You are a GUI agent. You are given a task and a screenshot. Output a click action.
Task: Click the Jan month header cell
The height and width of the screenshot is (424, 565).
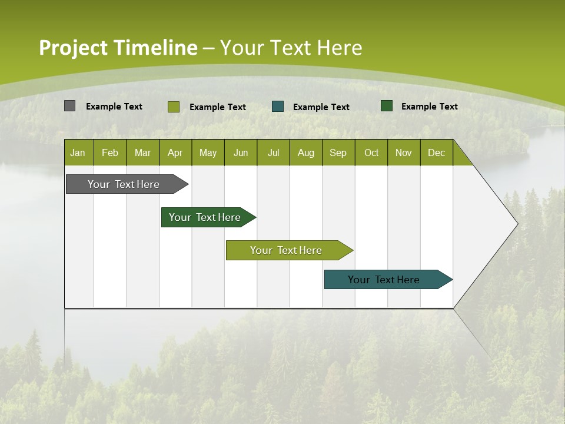click(78, 153)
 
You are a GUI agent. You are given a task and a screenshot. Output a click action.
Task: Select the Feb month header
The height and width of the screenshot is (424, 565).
click(110, 153)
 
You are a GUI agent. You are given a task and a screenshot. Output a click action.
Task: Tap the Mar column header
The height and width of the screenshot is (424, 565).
click(142, 153)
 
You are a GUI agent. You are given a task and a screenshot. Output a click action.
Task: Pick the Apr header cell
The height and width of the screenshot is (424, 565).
click(175, 153)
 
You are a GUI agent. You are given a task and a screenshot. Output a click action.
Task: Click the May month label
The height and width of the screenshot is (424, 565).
click(208, 153)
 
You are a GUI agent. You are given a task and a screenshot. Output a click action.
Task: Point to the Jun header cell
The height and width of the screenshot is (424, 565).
click(241, 153)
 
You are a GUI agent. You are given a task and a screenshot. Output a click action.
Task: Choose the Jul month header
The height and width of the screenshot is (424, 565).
click(273, 153)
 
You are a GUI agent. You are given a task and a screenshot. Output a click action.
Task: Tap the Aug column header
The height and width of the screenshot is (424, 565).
click(306, 153)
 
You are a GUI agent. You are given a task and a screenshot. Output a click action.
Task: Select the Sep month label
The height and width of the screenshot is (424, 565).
click(338, 153)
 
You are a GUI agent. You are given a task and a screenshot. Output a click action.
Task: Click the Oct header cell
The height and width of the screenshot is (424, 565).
click(371, 153)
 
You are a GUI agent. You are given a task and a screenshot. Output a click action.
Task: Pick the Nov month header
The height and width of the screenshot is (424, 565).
click(404, 153)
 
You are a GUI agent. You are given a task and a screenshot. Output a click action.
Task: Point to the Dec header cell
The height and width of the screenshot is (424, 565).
click(437, 153)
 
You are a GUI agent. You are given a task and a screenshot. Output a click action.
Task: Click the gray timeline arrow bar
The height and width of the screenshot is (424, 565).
click(124, 184)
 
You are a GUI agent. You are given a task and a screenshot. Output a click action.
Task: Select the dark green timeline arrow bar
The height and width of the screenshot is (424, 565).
click(205, 217)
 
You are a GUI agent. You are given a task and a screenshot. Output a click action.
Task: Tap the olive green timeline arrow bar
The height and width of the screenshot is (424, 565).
click(286, 250)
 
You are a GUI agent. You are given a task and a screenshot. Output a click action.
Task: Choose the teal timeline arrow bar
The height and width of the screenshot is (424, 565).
click(384, 280)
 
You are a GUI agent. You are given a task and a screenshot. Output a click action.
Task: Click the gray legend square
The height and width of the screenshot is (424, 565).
click(69, 106)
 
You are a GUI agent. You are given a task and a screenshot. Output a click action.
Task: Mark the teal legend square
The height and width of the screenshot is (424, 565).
click(278, 107)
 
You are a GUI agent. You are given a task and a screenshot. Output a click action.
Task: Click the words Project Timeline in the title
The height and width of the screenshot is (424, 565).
click(118, 48)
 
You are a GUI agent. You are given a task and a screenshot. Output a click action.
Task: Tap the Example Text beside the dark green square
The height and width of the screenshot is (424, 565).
click(429, 107)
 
